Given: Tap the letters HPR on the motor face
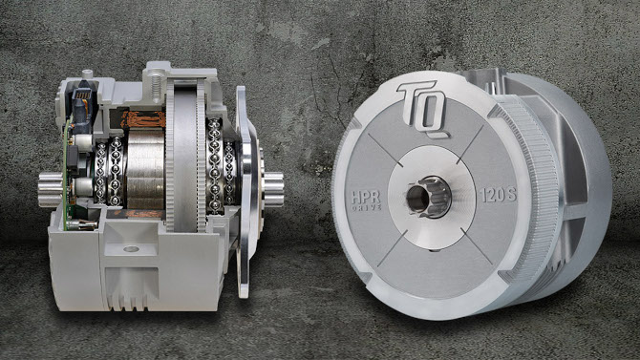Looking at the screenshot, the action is tap(366, 197).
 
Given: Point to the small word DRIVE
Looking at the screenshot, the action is tap(366, 207).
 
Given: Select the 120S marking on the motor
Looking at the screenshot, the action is tap(498, 195).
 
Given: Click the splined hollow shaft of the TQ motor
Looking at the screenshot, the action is tap(429, 197).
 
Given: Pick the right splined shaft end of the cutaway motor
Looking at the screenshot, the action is tap(273, 189).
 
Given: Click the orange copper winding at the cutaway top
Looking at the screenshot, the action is tap(143, 119).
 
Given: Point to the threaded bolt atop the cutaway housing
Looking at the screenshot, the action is tap(156, 85).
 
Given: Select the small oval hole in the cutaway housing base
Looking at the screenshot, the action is tap(131, 248).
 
